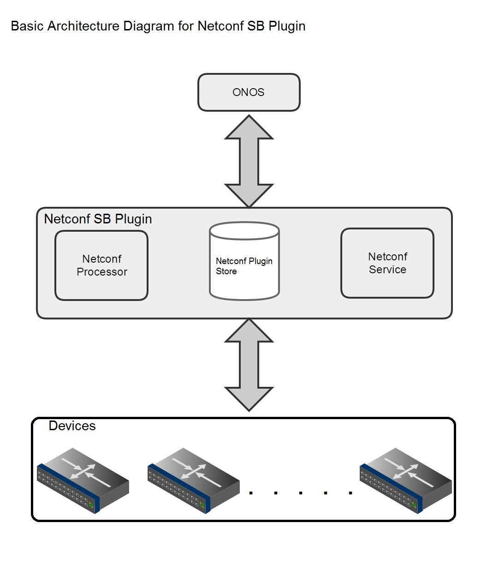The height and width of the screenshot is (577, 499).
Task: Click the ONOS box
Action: pos(249,92)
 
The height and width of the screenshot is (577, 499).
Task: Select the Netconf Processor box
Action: pos(101,265)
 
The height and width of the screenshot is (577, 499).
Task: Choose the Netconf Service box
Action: pos(387,263)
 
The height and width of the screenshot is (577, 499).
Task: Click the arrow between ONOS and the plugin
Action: pos(249,161)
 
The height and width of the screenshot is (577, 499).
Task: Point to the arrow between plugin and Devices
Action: pos(249,364)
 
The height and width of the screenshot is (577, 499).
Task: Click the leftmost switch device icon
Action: pos(83,480)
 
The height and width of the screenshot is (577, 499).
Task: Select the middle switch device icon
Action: pos(194,480)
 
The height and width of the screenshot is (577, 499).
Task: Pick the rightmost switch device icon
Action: pos(406,480)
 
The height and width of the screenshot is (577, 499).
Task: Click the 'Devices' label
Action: pos(72,426)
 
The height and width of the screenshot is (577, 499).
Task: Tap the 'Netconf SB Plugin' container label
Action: pos(98,219)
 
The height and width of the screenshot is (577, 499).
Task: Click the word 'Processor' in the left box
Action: pos(102,272)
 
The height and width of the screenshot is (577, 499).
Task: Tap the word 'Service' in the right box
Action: pos(387,270)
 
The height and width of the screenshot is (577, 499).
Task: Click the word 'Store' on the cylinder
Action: pos(226,271)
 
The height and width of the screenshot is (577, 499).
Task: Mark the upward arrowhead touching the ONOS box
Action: pos(249,127)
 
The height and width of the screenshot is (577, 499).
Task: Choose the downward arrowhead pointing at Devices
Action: pos(249,398)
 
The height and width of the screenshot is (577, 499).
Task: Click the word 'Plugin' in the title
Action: pos(287,26)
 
